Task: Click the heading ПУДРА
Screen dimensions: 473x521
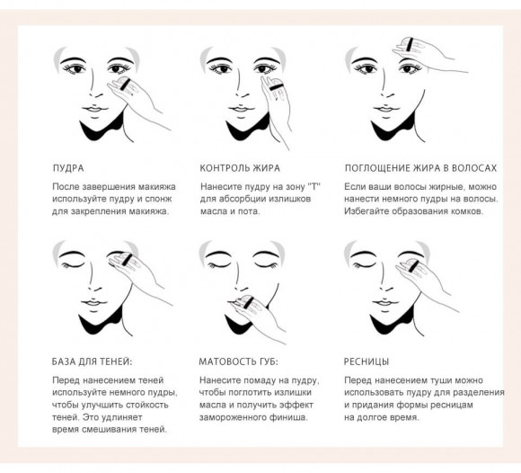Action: (69, 168)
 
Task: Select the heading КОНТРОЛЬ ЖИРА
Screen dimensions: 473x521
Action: (240, 168)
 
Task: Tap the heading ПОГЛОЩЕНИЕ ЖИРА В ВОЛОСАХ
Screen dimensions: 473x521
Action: (420, 168)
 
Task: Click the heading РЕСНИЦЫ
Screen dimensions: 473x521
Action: (366, 361)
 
